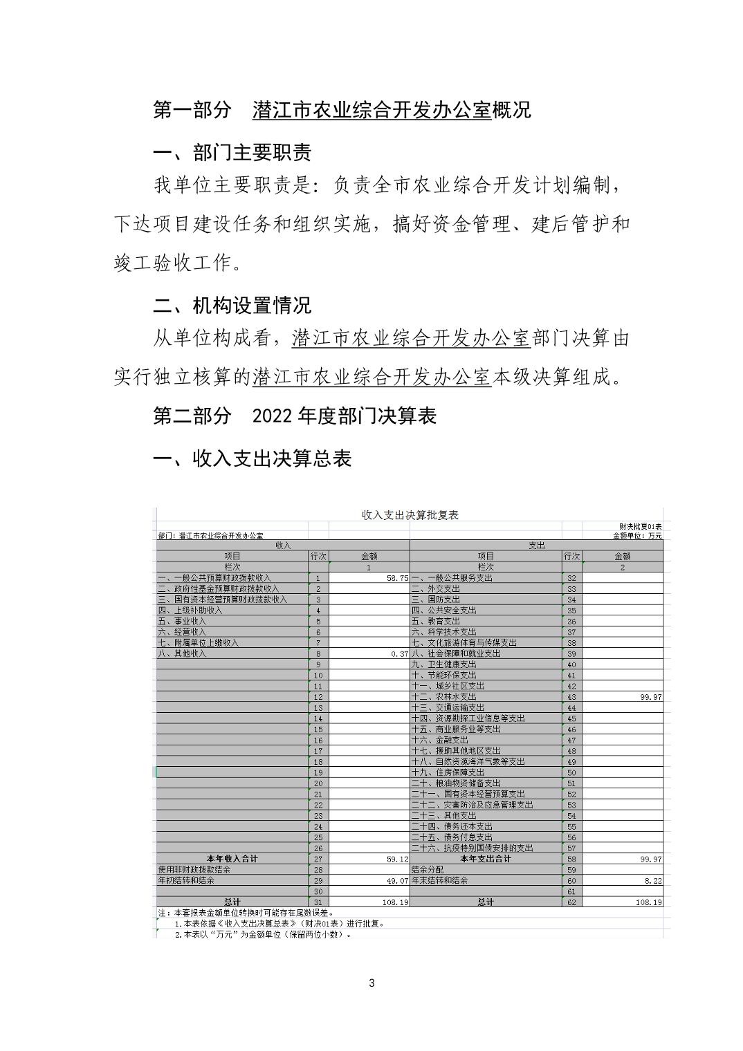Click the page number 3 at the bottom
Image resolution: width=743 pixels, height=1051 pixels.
click(371, 983)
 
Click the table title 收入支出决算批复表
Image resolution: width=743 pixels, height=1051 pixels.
click(410, 515)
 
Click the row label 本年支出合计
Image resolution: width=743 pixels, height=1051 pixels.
click(486, 859)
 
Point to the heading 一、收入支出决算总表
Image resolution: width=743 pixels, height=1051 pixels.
click(252, 458)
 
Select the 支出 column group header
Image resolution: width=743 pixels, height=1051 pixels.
click(536, 546)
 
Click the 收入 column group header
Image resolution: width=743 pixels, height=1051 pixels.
click(283, 546)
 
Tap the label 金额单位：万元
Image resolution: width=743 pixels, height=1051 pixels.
click(637, 536)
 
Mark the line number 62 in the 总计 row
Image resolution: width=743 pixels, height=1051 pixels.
click(571, 902)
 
